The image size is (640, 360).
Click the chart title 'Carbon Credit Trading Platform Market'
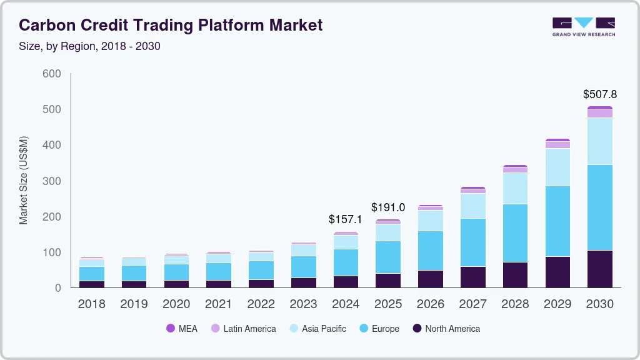pos(171,25)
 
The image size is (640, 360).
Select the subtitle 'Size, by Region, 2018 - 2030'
pos(90,46)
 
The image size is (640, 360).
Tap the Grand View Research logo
pos(583,27)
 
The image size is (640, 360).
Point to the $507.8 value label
pos(599,94)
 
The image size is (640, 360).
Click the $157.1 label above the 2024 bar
pos(346,219)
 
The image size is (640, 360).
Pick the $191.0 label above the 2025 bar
pos(388,207)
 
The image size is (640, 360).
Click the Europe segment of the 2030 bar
pos(599,207)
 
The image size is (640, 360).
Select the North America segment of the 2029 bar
pos(557,272)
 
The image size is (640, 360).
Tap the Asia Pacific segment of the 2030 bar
pos(599,141)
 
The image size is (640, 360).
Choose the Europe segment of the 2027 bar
pos(472,242)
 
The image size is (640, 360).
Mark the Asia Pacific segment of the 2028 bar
pos(515,188)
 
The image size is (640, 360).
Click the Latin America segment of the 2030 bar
pos(599,114)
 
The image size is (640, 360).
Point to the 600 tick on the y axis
pos(52,74)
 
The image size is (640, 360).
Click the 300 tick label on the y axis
pos(52,181)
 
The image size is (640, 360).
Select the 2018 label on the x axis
pos(91,304)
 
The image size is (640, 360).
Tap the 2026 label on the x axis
pos(430,304)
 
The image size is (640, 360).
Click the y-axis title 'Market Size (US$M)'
pos(24,180)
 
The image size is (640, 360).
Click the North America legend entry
pos(446,329)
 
